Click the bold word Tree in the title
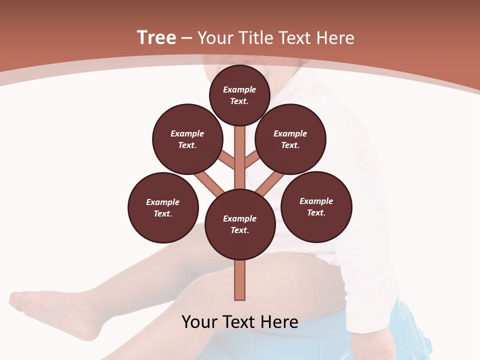coord(156,37)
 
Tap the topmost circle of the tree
coord(239,95)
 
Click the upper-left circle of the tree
coord(187,139)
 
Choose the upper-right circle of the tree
coord(290,139)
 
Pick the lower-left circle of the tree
coord(163,207)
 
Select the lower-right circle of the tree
coord(316,206)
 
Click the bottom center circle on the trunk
coord(240,224)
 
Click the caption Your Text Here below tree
coord(240,322)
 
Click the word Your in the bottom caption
coord(198,322)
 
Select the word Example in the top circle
coord(239,89)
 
